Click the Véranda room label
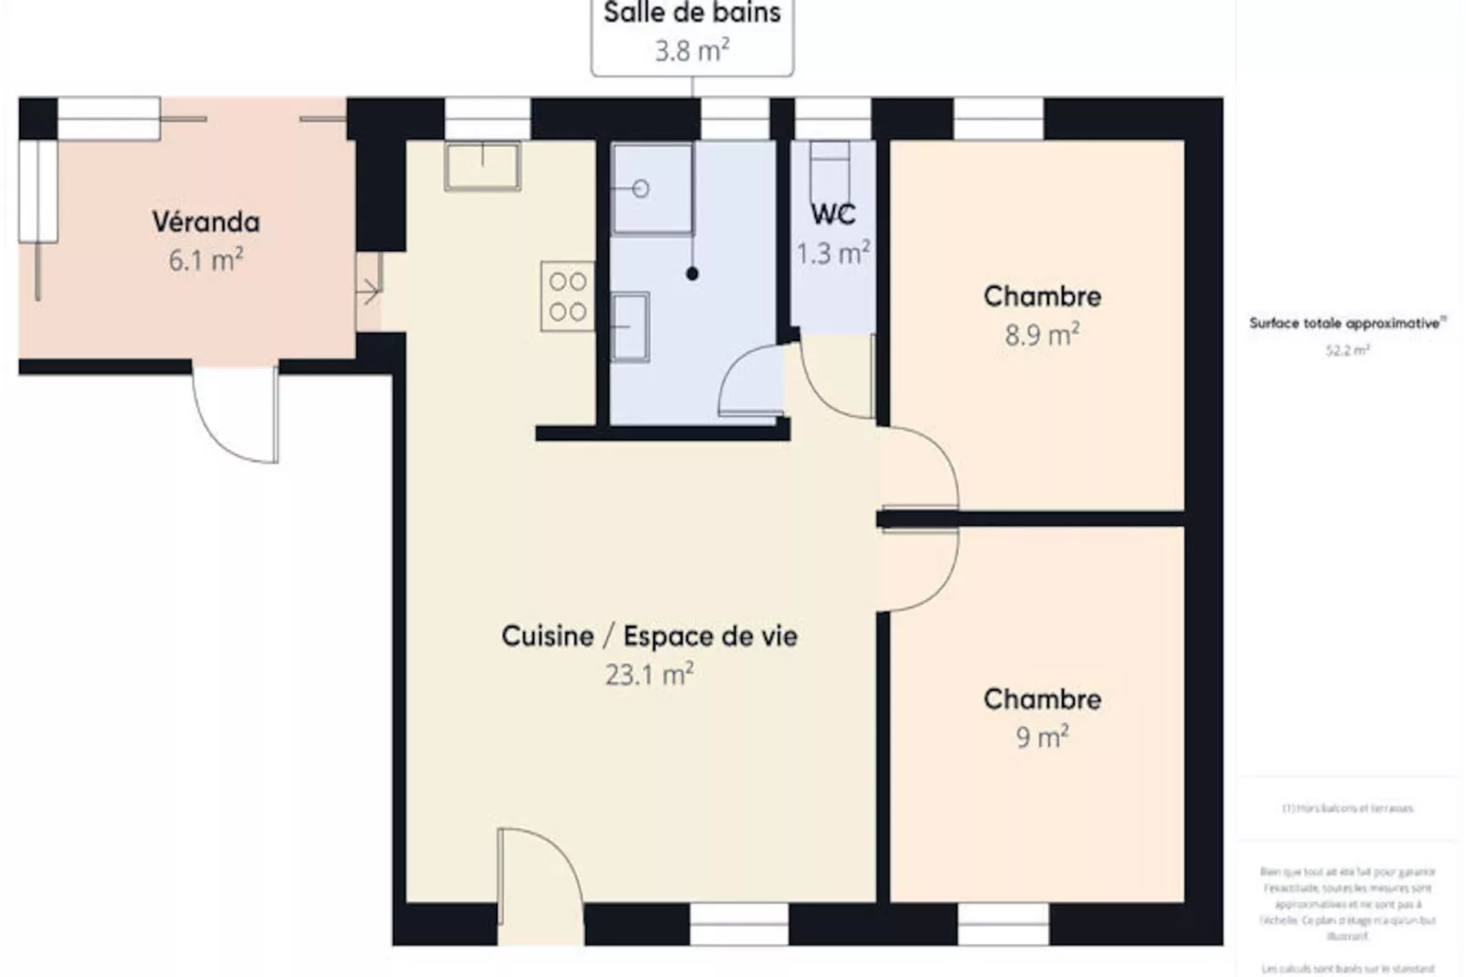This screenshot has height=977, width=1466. [x=205, y=222]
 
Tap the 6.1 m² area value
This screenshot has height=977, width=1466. [x=205, y=260]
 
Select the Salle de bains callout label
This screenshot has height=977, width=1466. [x=692, y=14]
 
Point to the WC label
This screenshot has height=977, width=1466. [x=832, y=215]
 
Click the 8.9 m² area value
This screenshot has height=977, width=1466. [x=1042, y=334]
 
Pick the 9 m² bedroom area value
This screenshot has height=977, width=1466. [x=1042, y=737]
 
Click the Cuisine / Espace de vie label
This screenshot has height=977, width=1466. [x=649, y=636]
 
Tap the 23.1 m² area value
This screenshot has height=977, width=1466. [x=649, y=675]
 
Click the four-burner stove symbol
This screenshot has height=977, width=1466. [x=567, y=296]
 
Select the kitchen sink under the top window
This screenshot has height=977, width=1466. [x=482, y=166]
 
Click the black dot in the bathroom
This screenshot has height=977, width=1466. [x=692, y=273]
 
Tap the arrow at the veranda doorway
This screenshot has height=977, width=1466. [x=368, y=292]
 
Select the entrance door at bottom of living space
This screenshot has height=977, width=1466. [x=539, y=881]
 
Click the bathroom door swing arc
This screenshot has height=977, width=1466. [x=750, y=383]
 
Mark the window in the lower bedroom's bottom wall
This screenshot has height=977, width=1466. [x=1002, y=924]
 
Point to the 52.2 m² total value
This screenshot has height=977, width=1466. [x=1346, y=350]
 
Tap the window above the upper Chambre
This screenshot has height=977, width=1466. [x=998, y=119]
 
